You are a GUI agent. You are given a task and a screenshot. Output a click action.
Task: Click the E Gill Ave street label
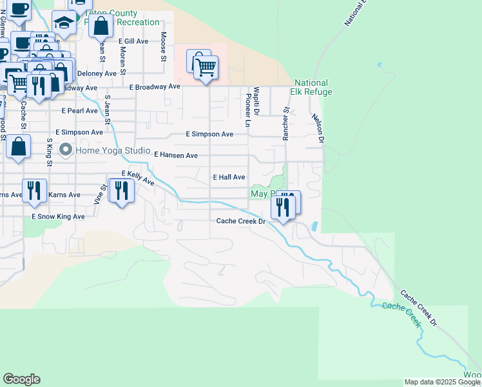point(133,41)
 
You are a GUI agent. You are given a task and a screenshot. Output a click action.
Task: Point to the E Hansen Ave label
point(176,155)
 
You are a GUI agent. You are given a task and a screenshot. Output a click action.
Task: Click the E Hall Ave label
point(229,177)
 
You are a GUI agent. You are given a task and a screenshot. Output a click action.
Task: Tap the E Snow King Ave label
point(58,217)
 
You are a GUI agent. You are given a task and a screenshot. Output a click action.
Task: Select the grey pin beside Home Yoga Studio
point(65,151)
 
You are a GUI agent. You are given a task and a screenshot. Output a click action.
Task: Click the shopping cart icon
point(206,66)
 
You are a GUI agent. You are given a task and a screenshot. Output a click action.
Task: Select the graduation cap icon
point(64,23)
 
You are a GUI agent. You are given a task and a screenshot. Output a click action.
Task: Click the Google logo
point(21,379)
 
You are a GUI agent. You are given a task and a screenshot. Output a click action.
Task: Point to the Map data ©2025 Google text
point(442,382)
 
